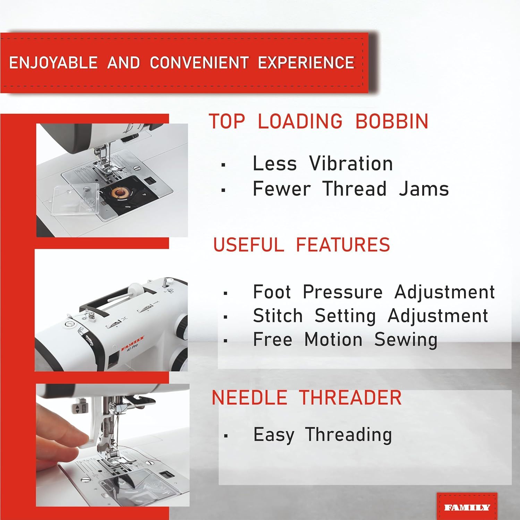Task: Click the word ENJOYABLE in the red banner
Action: tap(53, 63)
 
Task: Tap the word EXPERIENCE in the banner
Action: tap(306, 63)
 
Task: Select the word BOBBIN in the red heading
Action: tap(392, 121)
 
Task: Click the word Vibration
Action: tap(351, 163)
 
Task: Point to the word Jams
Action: tap(424, 189)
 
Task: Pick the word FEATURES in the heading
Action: tap(343, 244)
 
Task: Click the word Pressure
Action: tap(343, 292)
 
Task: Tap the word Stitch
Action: tap(278, 315)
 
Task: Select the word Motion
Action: tap(333, 339)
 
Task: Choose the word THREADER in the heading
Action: tap(350, 397)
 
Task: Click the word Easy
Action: tap(274, 435)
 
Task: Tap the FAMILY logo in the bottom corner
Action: tap(467, 508)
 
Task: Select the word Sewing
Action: tap(406, 340)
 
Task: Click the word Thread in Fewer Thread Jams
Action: tap(354, 189)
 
